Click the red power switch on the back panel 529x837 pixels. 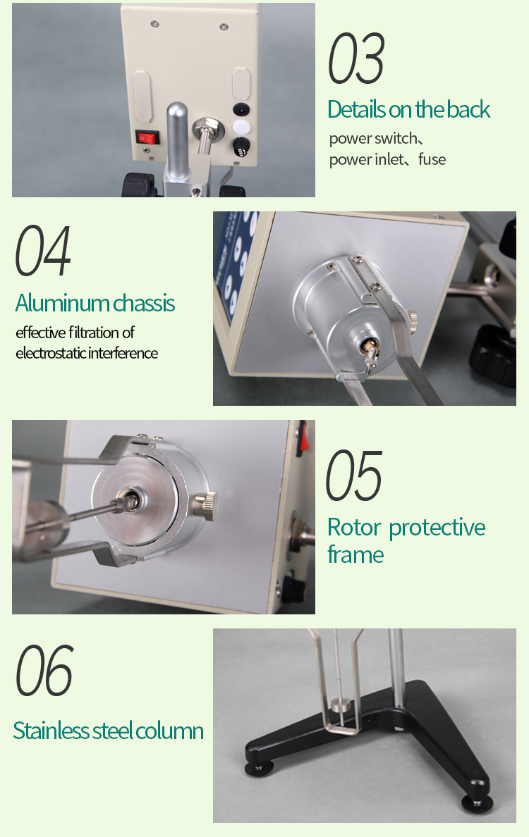tap(145, 139)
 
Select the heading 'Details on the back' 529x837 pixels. tap(408, 110)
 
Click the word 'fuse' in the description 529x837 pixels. tap(432, 160)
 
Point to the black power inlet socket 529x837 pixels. tap(241, 110)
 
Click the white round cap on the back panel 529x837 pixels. tap(241, 128)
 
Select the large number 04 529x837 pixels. tap(44, 252)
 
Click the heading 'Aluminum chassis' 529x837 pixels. tap(95, 304)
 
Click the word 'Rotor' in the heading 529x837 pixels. tap(354, 528)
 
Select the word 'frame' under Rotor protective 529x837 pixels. tap(355, 555)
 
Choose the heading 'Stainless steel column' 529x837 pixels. tap(108, 731)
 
